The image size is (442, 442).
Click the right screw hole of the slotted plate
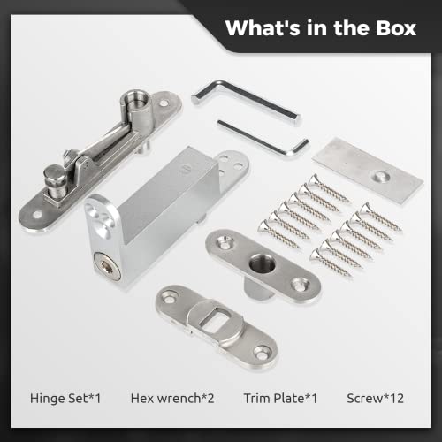(261, 352)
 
